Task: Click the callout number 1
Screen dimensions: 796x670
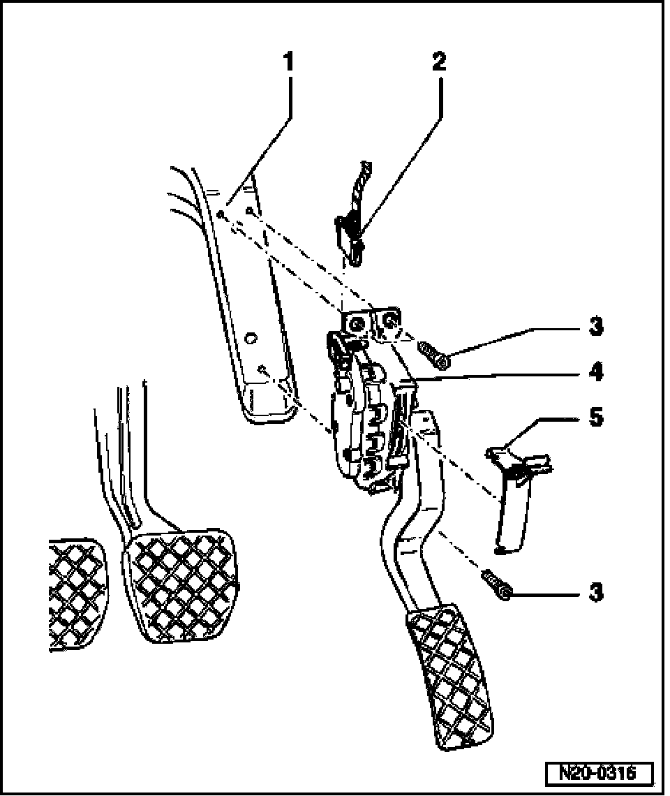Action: (x=288, y=61)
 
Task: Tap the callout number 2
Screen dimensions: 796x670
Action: (x=439, y=61)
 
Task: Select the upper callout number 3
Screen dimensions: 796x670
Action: (x=595, y=327)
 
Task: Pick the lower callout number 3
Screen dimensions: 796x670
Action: (x=595, y=592)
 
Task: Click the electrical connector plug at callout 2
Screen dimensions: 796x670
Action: (x=349, y=234)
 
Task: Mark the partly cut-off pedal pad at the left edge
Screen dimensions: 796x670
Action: (x=73, y=594)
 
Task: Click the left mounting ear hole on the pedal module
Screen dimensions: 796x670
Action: (x=355, y=323)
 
